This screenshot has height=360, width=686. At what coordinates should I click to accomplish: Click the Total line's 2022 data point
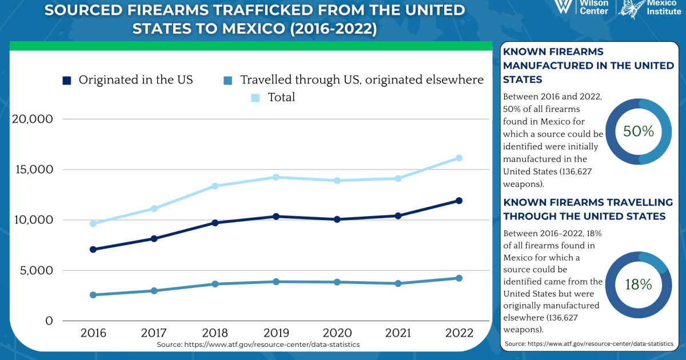pos(458,158)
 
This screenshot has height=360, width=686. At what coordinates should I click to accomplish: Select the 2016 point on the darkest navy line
pos(93,249)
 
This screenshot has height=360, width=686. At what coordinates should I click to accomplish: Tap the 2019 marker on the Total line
pos(276,177)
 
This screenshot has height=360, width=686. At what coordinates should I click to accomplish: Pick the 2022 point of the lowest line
pos(458,278)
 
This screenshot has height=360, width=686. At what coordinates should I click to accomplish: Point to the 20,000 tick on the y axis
pos(32,119)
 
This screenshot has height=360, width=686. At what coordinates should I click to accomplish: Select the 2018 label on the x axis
pos(215,333)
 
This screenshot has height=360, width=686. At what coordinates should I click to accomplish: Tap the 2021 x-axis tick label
pos(398,333)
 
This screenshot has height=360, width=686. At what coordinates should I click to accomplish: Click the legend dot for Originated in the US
pos(67,81)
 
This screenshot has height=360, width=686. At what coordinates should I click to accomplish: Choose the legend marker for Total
pos(256,98)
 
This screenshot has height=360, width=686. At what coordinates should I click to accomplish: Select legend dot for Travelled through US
pos(228,81)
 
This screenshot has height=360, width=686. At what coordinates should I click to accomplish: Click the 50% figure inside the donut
pos(639,131)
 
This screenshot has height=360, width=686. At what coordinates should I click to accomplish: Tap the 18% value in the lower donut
pos(639,284)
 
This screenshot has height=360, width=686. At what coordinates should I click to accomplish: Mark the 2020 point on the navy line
pos(337,219)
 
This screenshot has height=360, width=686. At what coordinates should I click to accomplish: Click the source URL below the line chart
pos(258,345)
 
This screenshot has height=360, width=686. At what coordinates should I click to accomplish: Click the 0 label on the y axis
pos(49,321)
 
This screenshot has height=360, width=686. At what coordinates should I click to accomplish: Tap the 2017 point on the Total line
pos(154,209)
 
